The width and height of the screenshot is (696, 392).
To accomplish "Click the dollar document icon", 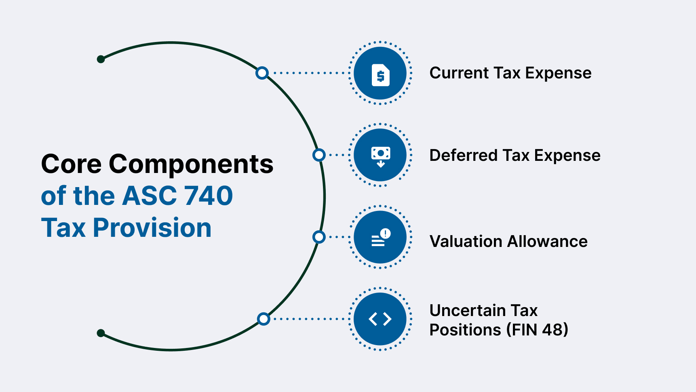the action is (x=380, y=75).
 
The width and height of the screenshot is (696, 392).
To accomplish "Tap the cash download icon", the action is (x=380, y=156).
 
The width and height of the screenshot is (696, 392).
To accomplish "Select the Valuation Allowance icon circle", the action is (x=380, y=237).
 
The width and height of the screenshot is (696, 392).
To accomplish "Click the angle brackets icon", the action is (x=380, y=319).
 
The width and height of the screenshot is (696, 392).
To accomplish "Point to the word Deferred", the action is (x=463, y=156).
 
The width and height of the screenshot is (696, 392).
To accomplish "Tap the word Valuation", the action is (x=466, y=242).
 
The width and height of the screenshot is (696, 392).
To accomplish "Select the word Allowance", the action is (x=548, y=242).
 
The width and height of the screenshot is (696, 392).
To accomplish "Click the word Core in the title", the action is (x=71, y=164).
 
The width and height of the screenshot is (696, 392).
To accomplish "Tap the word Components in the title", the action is (x=191, y=164).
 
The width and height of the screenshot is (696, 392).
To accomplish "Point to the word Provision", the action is (x=152, y=228).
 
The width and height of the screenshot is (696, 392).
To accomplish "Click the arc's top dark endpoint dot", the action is (x=101, y=59).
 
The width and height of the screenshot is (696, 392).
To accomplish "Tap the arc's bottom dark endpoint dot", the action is (x=101, y=333).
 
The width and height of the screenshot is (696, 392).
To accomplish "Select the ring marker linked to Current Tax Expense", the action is (x=262, y=73).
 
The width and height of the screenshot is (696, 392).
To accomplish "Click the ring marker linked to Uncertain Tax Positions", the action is (x=264, y=319).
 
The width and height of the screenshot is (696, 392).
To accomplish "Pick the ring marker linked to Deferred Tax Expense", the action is (x=319, y=155).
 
